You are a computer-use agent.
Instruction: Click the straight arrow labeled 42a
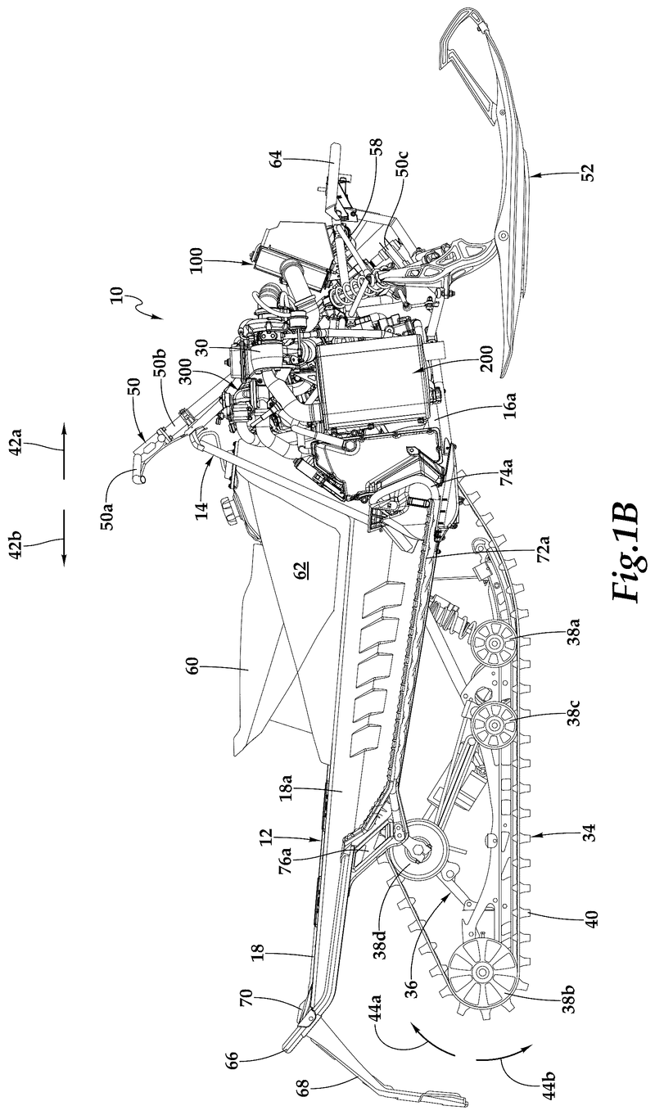coord(63,449)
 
